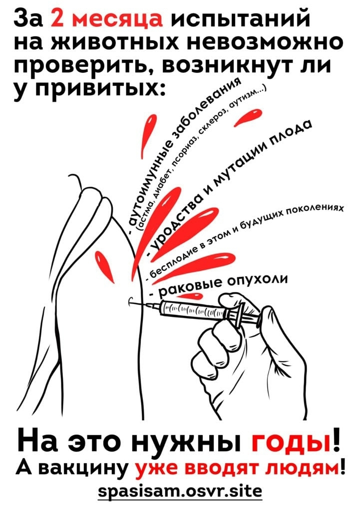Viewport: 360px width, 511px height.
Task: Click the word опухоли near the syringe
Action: click(x=258, y=280)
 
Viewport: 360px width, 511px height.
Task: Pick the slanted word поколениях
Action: click(x=314, y=211)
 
